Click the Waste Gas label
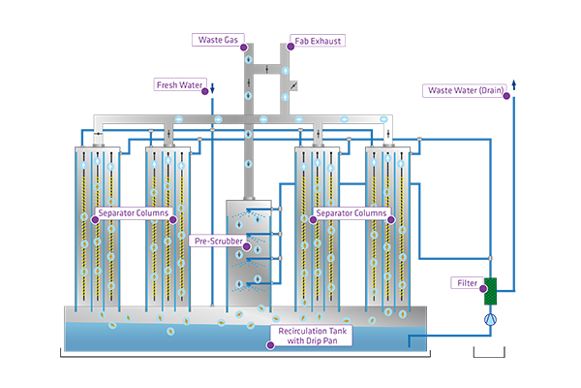(219, 40)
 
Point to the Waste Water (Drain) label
(464, 91)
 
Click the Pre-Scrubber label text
(217, 241)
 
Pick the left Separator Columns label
(134, 212)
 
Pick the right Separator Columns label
(352, 212)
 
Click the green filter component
(490, 288)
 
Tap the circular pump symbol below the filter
(490, 315)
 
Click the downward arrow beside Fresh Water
(212, 89)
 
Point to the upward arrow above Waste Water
(512, 84)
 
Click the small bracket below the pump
(490, 355)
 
